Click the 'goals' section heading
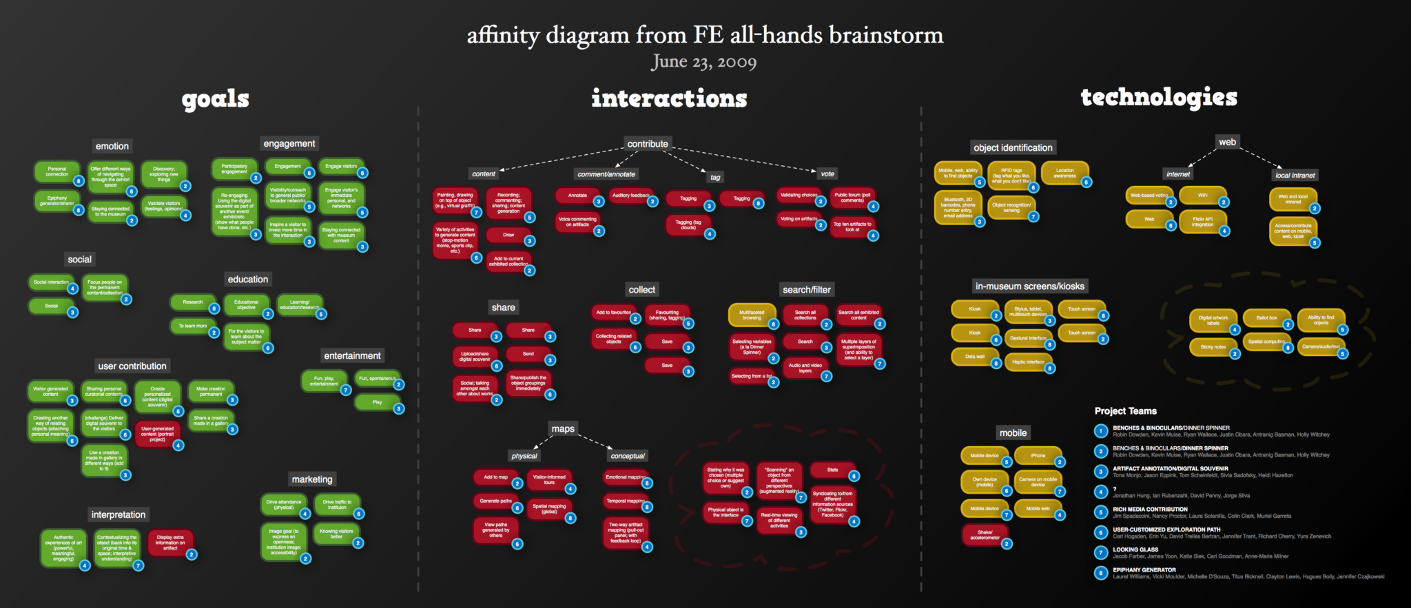(x=216, y=99)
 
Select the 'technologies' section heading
(x=1159, y=98)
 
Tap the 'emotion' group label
(x=112, y=146)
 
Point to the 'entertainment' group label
(x=352, y=356)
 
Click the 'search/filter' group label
(x=807, y=290)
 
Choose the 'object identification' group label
(x=1013, y=147)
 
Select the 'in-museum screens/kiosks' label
(x=1029, y=286)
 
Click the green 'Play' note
(x=377, y=402)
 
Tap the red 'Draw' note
(x=508, y=235)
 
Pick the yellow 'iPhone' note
(x=1038, y=456)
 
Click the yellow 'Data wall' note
(x=974, y=357)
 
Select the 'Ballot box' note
(x=1266, y=318)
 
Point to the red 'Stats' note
(x=832, y=470)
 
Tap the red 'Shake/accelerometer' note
(x=985, y=534)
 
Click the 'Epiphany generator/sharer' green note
(x=57, y=200)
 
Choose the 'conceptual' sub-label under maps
(x=628, y=456)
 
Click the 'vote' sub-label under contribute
(x=827, y=174)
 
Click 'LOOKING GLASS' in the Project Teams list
(x=1135, y=549)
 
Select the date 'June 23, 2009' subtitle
(x=703, y=62)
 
